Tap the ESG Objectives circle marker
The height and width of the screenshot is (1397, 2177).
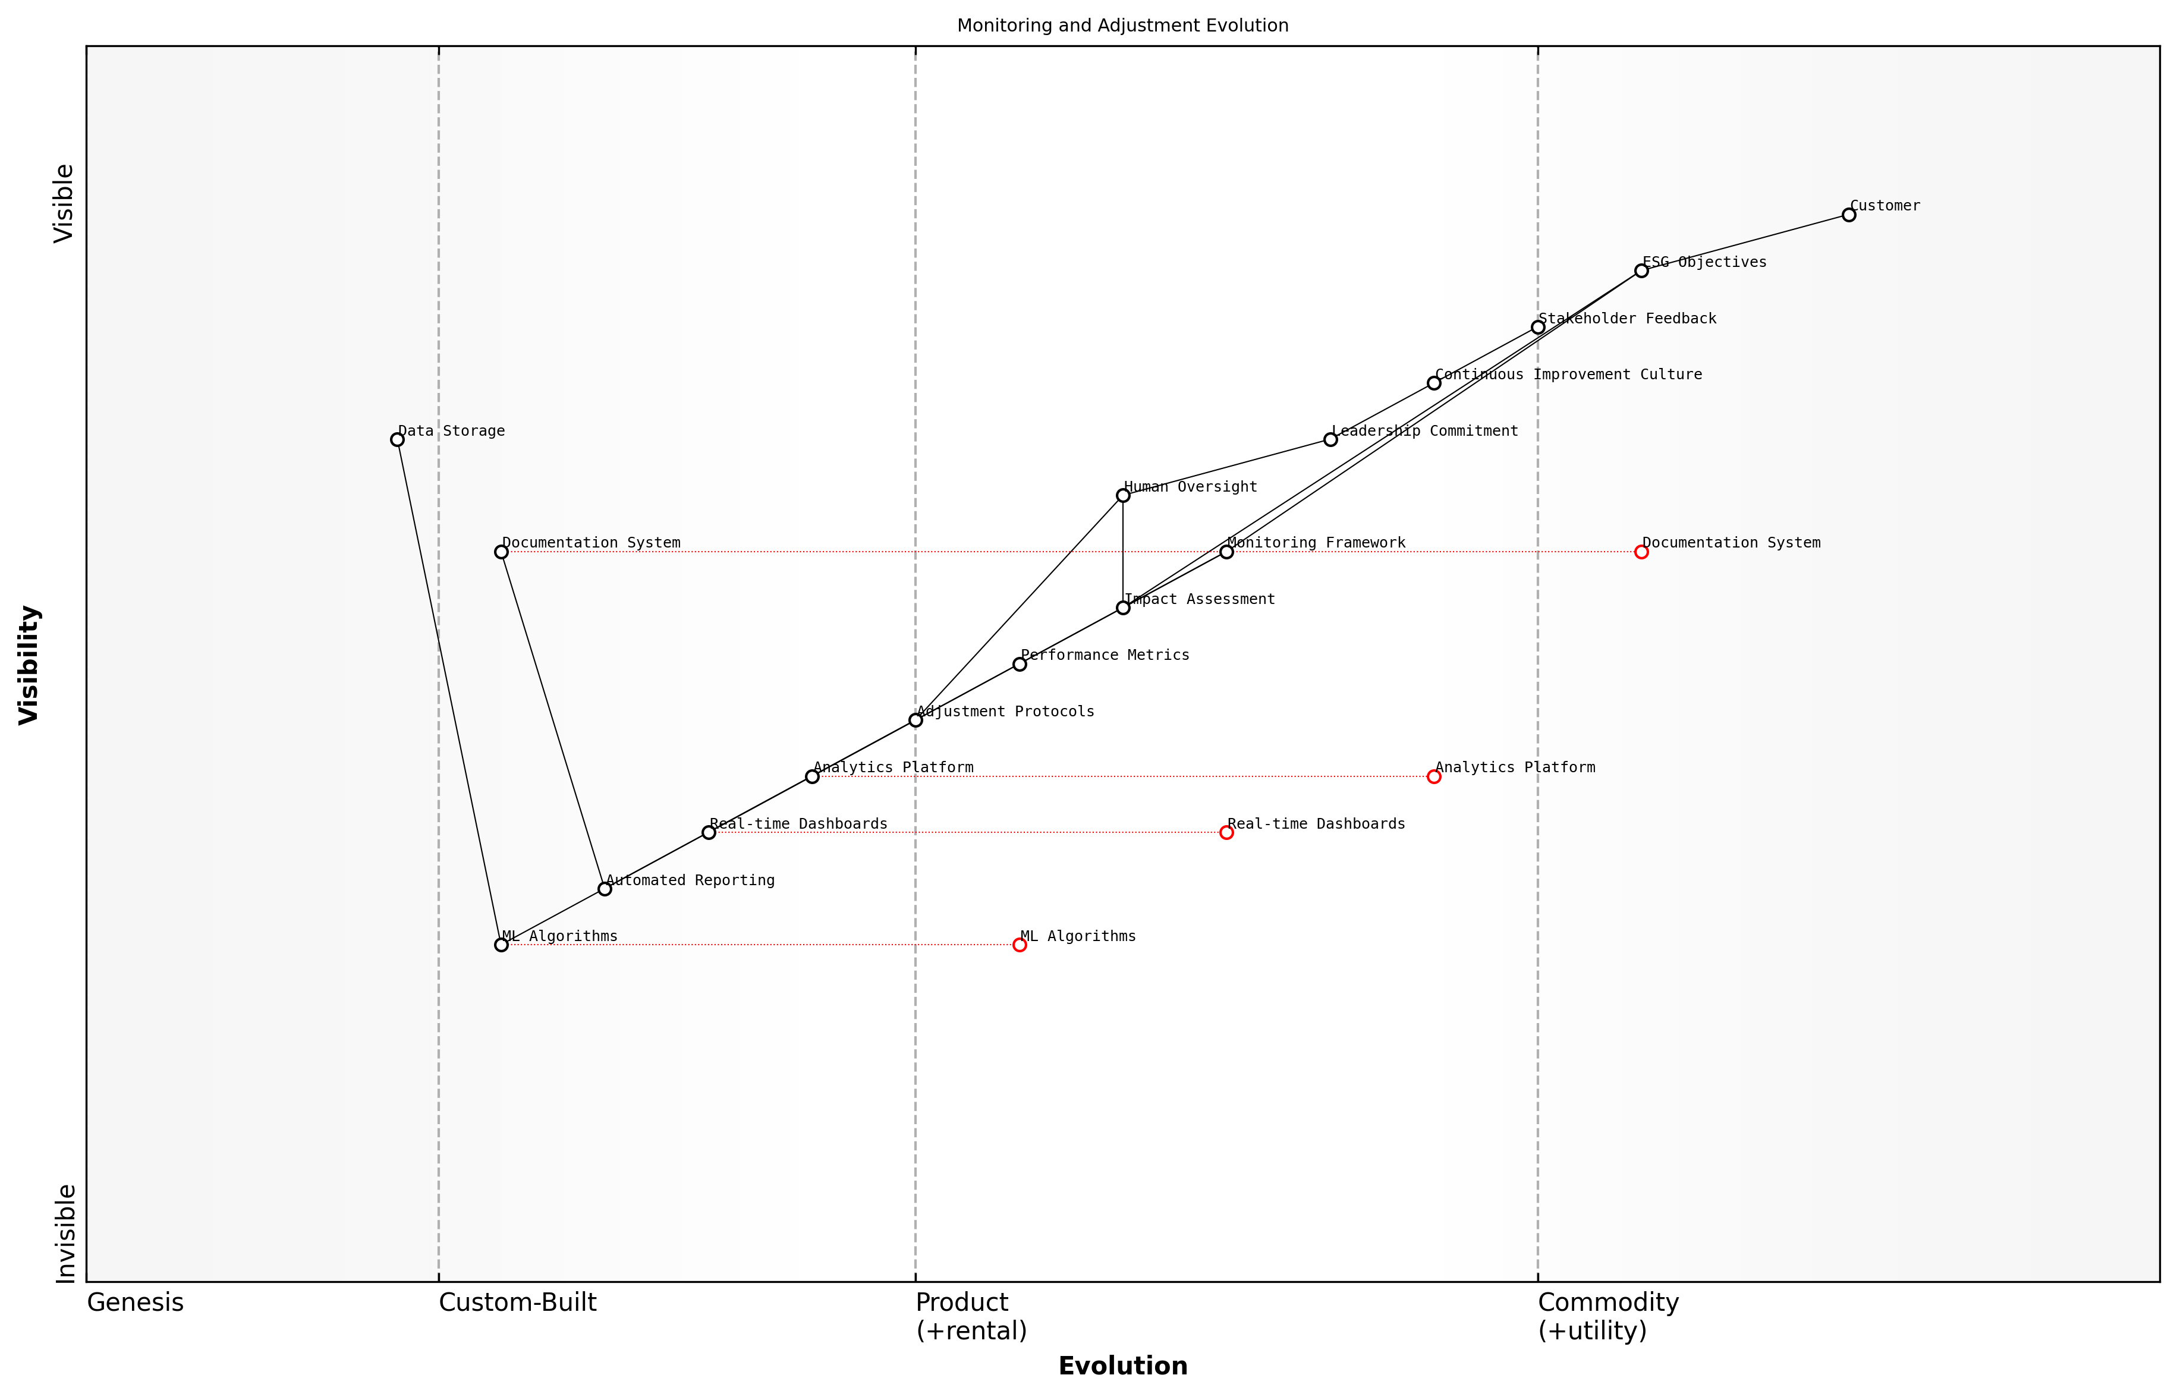coord(1641,270)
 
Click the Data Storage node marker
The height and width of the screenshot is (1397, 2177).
coord(397,440)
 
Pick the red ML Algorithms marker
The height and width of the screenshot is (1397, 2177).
coord(1020,945)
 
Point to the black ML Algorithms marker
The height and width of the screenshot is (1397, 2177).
coord(501,945)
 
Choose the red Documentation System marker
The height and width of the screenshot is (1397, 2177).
coord(1641,552)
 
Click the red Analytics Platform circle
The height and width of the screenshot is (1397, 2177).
coord(1434,776)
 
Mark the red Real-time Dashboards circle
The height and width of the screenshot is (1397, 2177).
coord(1226,833)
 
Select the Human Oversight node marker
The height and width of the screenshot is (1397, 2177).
coord(1123,495)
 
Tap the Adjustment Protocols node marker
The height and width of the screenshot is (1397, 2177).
coord(916,720)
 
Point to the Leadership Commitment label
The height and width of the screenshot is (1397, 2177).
coord(1424,431)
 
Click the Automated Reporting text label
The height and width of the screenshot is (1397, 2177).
coord(690,880)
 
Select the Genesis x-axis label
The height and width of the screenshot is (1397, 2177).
coord(135,1302)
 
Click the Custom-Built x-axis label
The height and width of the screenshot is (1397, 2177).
coord(517,1302)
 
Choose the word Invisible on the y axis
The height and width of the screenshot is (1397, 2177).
coord(65,1234)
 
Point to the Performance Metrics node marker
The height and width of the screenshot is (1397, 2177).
coord(1020,664)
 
